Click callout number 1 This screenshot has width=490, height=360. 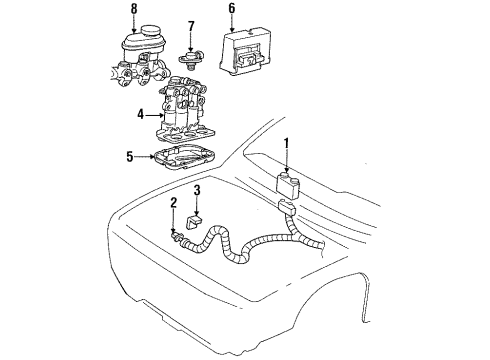[x=287, y=143]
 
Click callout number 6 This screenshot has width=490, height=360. [x=232, y=10]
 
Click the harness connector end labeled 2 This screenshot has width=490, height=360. [x=179, y=237]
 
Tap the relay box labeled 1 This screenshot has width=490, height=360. [x=288, y=186]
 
